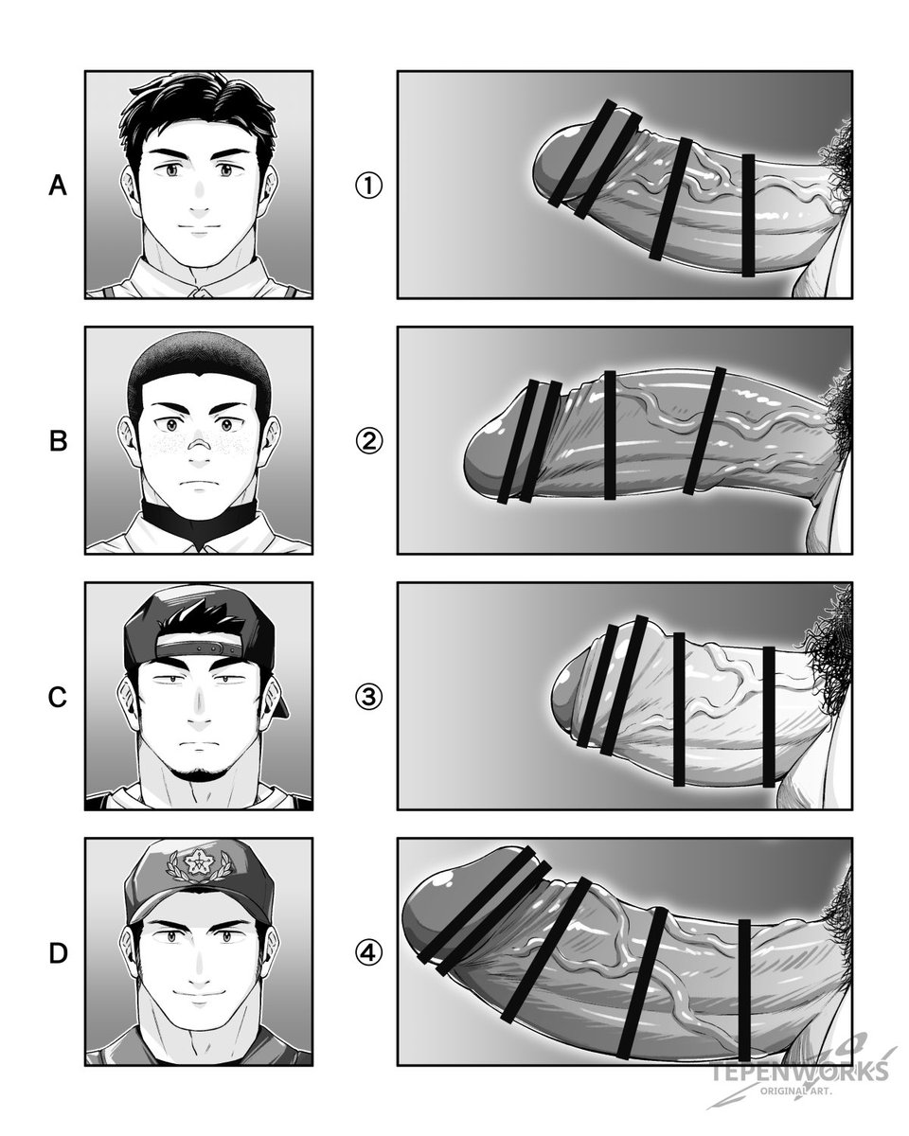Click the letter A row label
tap(58, 186)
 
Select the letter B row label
tap(58, 441)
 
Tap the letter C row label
tap(58, 697)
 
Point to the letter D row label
tap(58, 953)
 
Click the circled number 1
tap(368, 186)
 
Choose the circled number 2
tap(368, 441)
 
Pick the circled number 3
tap(368, 697)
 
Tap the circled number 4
tap(368, 953)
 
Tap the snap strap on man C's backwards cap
tap(199, 648)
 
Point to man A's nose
tap(199, 202)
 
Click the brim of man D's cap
tap(200, 907)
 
